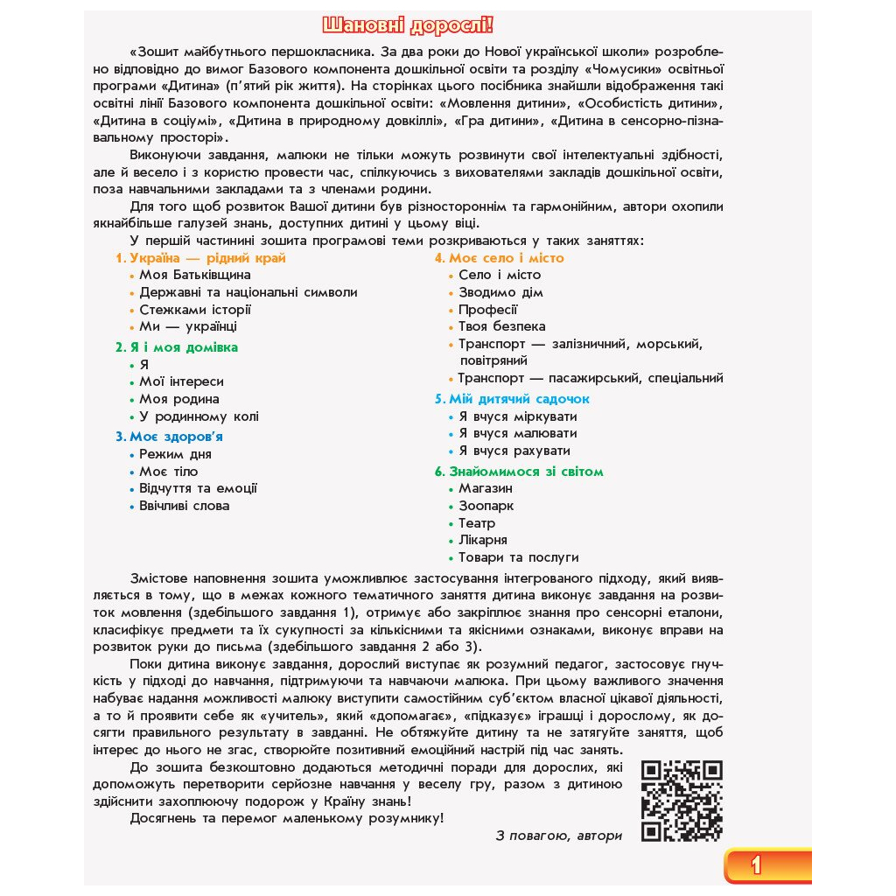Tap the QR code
pos(682,801)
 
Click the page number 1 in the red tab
pos(756,865)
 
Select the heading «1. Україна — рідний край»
pos(200,258)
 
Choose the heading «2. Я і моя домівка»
pos(176,347)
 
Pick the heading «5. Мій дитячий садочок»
pos(512,399)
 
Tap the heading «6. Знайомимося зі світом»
pos(519,472)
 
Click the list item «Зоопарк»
pos(486,506)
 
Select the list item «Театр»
pos(477,523)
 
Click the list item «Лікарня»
pos(483,540)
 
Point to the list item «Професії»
pos(488,310)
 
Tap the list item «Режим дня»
pos(175,454)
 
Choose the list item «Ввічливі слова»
pos(184,506)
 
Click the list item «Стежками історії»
pos(195,310)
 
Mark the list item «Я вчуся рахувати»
pos(514,451)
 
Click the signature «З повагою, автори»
pos(558,836)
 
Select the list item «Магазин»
pos(486,488)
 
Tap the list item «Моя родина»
pos(179,399)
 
